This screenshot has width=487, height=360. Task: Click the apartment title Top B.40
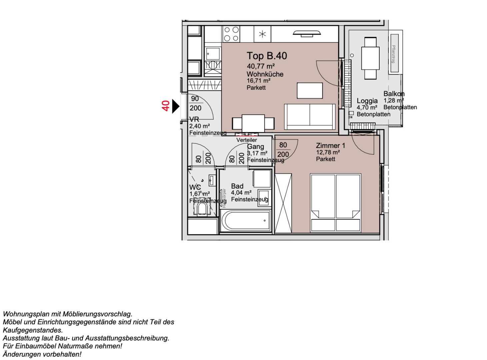tap(267, 56)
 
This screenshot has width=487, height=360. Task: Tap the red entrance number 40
tap(166, 106)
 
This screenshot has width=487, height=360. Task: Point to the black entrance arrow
tap(175, 107)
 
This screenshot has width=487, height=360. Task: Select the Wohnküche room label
tap(265, 74)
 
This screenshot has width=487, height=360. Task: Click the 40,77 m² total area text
tap(261, 66)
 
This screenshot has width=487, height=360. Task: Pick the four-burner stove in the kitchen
tap(231, 34)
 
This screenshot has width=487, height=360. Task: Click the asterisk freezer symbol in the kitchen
tap(262, 34)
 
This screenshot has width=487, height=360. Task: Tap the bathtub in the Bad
tap(246, 221)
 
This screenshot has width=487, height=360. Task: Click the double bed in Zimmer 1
tap(335, 202)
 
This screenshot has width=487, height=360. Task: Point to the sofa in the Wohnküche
tap(310, 117)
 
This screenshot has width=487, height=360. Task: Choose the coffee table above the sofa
tap(310, 91)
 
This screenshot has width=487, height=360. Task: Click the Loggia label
tap(367, 101)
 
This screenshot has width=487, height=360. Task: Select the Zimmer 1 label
tap(330, 146)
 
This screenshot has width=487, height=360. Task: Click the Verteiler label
tap(247, 140)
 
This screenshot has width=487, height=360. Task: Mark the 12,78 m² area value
tap(328, 153)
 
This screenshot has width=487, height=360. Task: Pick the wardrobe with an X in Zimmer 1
tap(283, 203)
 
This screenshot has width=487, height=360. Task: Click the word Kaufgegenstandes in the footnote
tap(33, 330)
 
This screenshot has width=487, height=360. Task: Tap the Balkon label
tap(394, 94)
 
